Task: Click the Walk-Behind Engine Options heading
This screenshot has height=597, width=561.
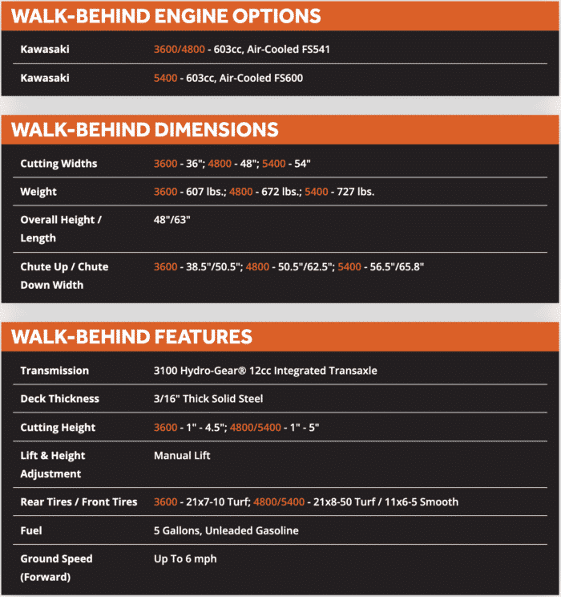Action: (166, 15)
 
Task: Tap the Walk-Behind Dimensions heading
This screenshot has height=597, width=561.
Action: (144, 130)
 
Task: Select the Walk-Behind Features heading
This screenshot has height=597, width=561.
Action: (131, 336)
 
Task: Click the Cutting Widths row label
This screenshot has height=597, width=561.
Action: (59, 164)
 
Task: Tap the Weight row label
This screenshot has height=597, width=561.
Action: (38, 193)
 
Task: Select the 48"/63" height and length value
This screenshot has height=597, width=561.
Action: (172, 220)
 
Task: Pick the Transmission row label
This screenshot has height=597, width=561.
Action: (54, 371)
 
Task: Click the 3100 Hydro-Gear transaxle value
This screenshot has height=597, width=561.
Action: (265, 371)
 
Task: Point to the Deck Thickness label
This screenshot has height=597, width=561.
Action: (59, 399)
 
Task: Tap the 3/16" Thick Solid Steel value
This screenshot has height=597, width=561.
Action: (208, 399)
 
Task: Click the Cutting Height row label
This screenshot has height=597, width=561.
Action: (58, 428)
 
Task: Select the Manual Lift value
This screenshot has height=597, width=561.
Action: (182, 456)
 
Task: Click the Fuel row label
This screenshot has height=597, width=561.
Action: (31, 530)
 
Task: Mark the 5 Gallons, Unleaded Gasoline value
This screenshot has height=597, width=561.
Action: (226, 530)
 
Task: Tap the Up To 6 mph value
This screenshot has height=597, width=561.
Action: (185, 558)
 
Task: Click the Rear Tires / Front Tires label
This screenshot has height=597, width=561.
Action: (79, 502)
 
